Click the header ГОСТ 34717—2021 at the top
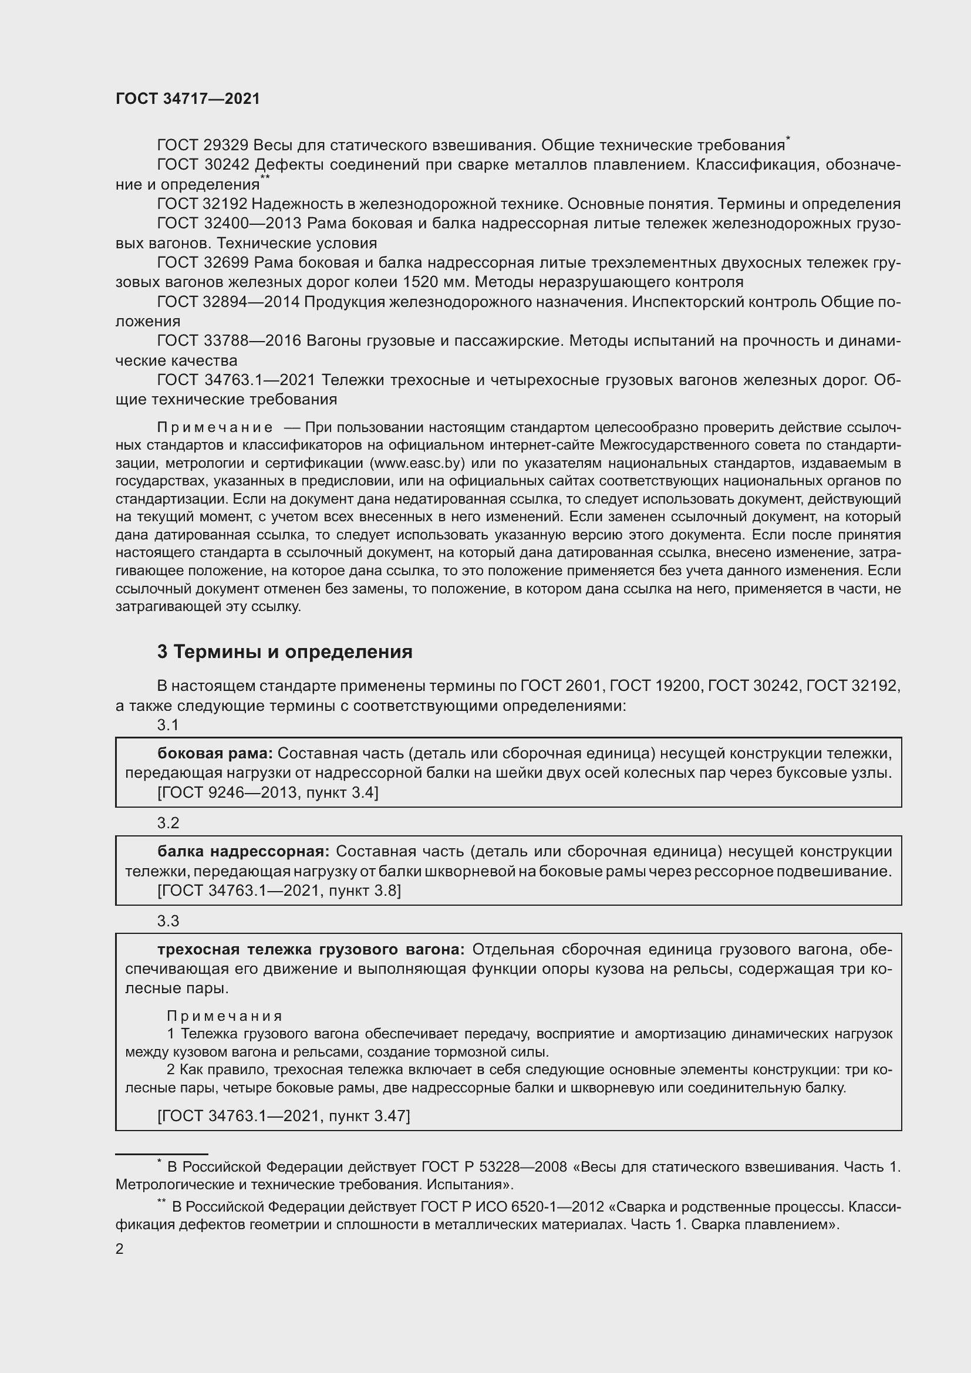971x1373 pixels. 188,99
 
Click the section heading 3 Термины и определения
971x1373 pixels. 285,651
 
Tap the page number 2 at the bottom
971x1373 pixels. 120,1249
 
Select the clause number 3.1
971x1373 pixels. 168,725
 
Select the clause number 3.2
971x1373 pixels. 168,823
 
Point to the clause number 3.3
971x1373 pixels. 168,921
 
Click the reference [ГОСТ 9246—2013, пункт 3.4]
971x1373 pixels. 268,792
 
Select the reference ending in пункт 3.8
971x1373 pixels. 279,890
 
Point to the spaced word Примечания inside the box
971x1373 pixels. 224,1016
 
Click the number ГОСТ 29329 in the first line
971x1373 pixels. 203,146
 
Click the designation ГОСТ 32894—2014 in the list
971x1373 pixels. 228,302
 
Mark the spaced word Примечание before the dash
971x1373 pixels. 215,427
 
